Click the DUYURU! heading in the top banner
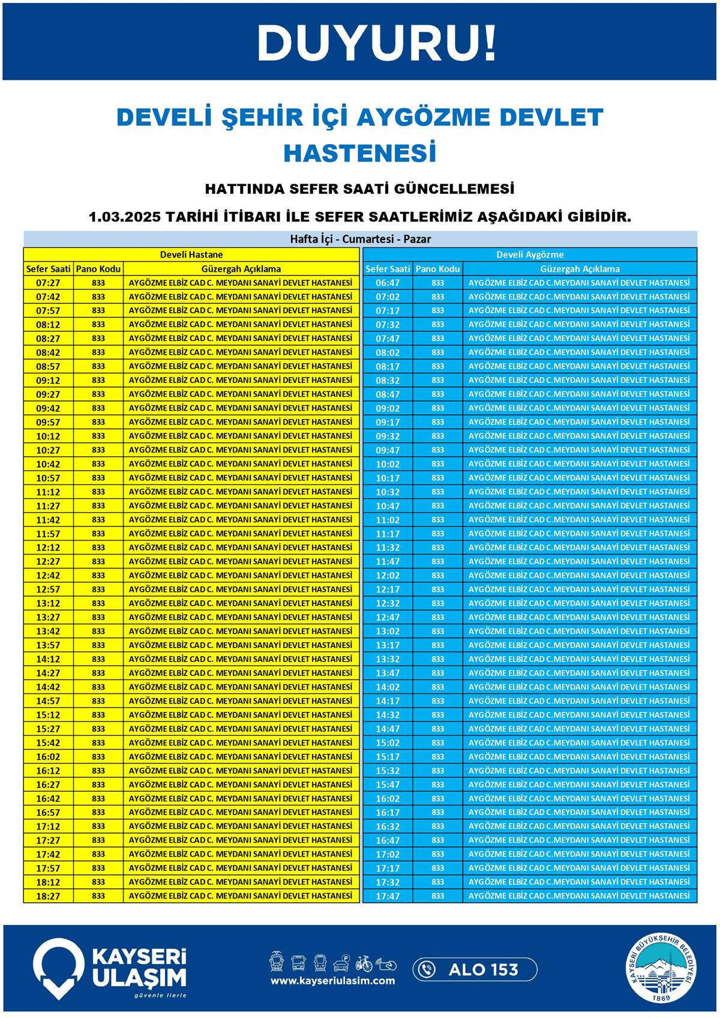pyautogui.click(x=377, y=43)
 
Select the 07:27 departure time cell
pyautogui.click(x=48, y=283)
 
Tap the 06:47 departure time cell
pyautogui.click(x=388, y=283)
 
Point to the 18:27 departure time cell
pyautogui.click(x=48, y=896)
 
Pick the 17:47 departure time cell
pyautogui.click(x=388, y=896)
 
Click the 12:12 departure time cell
pyautogui.click(x=48, y=547)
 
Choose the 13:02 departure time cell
pyautogui.click(x=388, y=631)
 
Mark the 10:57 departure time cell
pyautogui.click(x=48, y=478)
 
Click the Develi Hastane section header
pyautogui.click(x=191, y=254)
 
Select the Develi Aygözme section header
pyautogui.click(x=530, y=254)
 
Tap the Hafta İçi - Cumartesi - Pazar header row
pyautogui.click(x=360, y=239)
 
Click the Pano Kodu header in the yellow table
pyautogui.click(x=98, y=269)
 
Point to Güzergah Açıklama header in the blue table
pyautogui.click(x=580, y=269)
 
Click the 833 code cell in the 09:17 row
pyautogui.click(x=438, y=422)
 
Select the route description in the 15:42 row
pyautogui.click(x=241, y=742)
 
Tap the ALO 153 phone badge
pyautogui.click(x=475, y=969)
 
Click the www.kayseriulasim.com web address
pyautogui.click(x=332, y=981)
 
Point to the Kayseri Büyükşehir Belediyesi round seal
pyautogui.click(x=662, y=969)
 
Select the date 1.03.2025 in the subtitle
pyautogui.click(x=125, y=217)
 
